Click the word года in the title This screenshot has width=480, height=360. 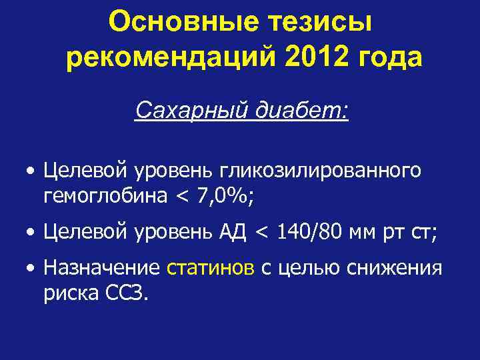(389, 58)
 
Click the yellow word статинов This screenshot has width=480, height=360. (210, 268)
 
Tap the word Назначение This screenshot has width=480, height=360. (101, 268)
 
